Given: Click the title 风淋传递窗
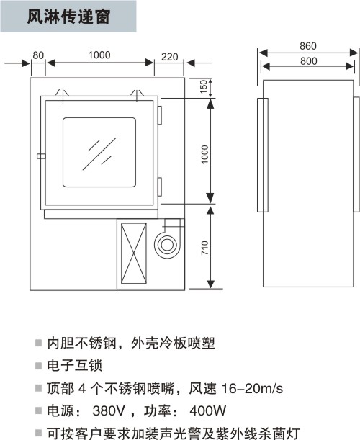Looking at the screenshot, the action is [x=68, y=17].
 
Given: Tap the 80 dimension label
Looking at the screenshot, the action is [x=38, y=55].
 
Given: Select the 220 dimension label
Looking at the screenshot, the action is [x=169, y=57].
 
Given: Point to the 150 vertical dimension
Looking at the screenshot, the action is [x=204, y=86].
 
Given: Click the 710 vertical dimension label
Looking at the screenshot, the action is [x=204, y=248].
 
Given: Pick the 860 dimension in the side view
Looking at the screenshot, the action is [x=308, y=46].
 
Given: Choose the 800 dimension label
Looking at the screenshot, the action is [x=309, y=61].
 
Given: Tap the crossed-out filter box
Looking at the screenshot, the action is [x=134, y=253].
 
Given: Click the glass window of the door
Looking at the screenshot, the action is [x=99, y=153].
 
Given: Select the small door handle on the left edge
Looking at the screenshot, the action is [x=41, y=156].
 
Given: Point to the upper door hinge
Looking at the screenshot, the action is [x=160, y=115].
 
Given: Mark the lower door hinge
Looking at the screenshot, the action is [x=160, y=187].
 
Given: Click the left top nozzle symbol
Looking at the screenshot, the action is [x=63, y=95].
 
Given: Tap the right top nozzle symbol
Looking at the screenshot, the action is [x=137, y=95].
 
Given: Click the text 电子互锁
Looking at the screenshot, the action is [x=74, y=365].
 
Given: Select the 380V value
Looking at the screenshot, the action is [x=109, y=410].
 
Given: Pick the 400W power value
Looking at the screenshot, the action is [x=207, y=410].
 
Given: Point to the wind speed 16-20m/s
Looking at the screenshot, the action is [x=252, y=388].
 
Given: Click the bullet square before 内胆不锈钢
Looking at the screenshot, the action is [x=38, y=343].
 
